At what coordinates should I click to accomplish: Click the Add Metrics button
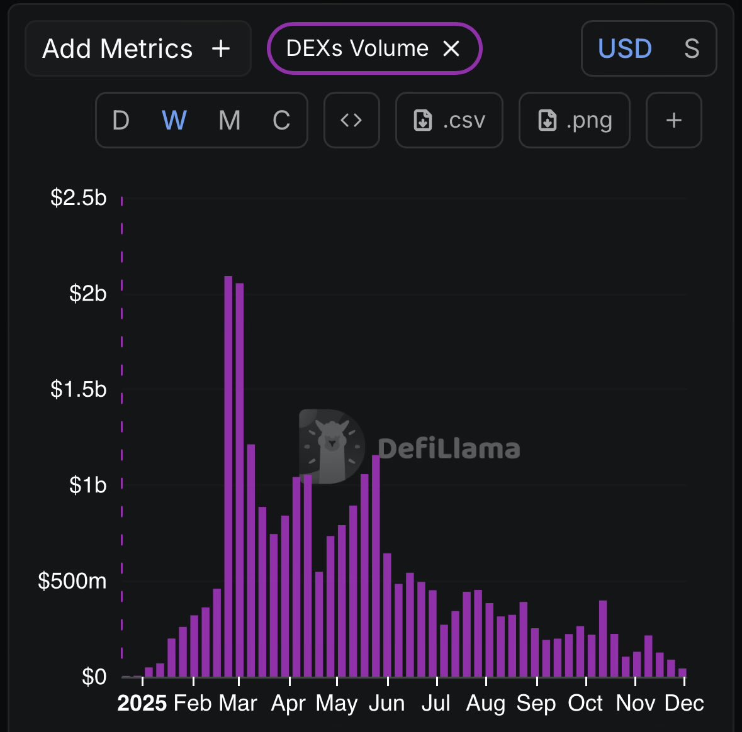click(137, 48)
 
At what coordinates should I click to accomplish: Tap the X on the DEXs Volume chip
click(451, 48)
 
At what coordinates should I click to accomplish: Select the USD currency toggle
click(624, 48)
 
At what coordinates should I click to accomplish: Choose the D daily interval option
click(121, 120)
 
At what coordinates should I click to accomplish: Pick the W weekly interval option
click(174, 120)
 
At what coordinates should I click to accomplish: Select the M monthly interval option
click(229, 120)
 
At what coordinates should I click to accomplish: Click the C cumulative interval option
click(281, 120)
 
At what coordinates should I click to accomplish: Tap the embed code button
click(351, 120)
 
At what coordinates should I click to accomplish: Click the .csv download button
click(449, 120)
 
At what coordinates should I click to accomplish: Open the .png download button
click(575, 120)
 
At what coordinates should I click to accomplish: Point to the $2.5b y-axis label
click(79, 198)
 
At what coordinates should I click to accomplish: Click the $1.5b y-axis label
click(79, 389)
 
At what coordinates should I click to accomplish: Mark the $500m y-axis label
click(72, 580)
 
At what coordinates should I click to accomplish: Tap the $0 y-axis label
click(94, 677)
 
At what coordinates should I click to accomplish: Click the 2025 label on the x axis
click(142, 703)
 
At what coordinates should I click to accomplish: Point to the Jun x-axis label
click(386, 703)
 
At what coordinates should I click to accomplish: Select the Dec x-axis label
click(684, 703)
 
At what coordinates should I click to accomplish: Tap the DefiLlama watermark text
click(449, 449)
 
